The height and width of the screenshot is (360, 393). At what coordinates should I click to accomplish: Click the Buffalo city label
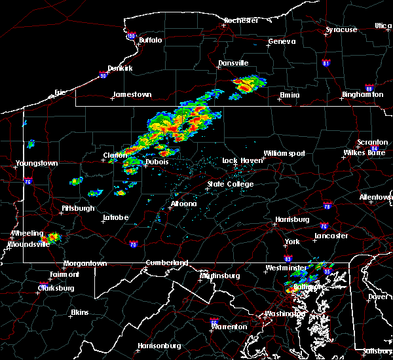150,40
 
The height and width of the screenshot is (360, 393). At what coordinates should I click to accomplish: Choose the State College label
230,184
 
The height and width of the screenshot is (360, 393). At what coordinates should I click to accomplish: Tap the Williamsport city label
284,153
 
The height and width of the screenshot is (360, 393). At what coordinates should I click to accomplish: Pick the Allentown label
376,197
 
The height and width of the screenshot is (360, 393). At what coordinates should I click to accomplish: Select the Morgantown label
84,264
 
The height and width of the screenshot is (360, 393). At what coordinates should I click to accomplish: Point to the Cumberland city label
166,263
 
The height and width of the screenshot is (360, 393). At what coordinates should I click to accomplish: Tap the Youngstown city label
37,163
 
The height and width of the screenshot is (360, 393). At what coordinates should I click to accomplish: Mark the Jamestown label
132,94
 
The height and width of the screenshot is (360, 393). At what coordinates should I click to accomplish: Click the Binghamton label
362,94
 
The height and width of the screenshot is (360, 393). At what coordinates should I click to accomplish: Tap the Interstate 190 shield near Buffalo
131,36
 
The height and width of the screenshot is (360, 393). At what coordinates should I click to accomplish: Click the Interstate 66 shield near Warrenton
214,321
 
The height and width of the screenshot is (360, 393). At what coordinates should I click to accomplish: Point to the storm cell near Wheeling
50,237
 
